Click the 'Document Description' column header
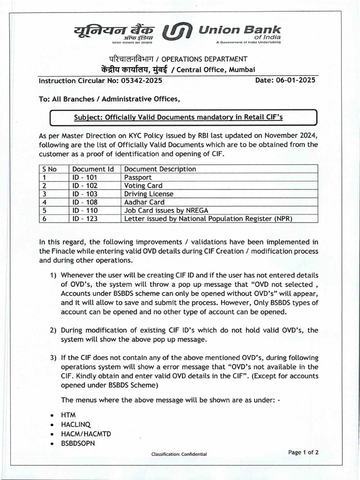click(x=160, y=169)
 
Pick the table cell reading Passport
click(x=138, y=177)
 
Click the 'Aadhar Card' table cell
click(x=144, y=202)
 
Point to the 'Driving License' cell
click(x=149, y=194)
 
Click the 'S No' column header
click(x=49, y=169)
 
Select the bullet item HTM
click(x=68, y=415)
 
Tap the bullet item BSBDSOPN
click(x=78, y=443)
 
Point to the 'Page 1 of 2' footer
click(x=304, y=452)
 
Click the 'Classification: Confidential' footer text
click(x=179, y=454)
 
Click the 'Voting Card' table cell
click(x=143, y=186)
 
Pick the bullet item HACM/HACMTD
click(x=86, y=434)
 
